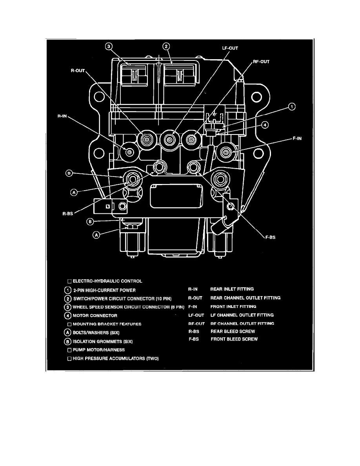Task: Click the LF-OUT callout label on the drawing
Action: [230, 48]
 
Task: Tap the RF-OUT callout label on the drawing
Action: [262, 62]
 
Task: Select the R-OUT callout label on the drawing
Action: [78, 71]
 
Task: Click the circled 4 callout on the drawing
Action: [265, 125]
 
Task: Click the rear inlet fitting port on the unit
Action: [129, 151]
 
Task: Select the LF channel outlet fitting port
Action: [169, 139]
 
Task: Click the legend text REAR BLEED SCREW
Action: [233, 331]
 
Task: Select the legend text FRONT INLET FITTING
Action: [233, 306]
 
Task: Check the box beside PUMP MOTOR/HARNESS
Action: [69, 349]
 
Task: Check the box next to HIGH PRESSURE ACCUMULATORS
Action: [69, 358]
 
